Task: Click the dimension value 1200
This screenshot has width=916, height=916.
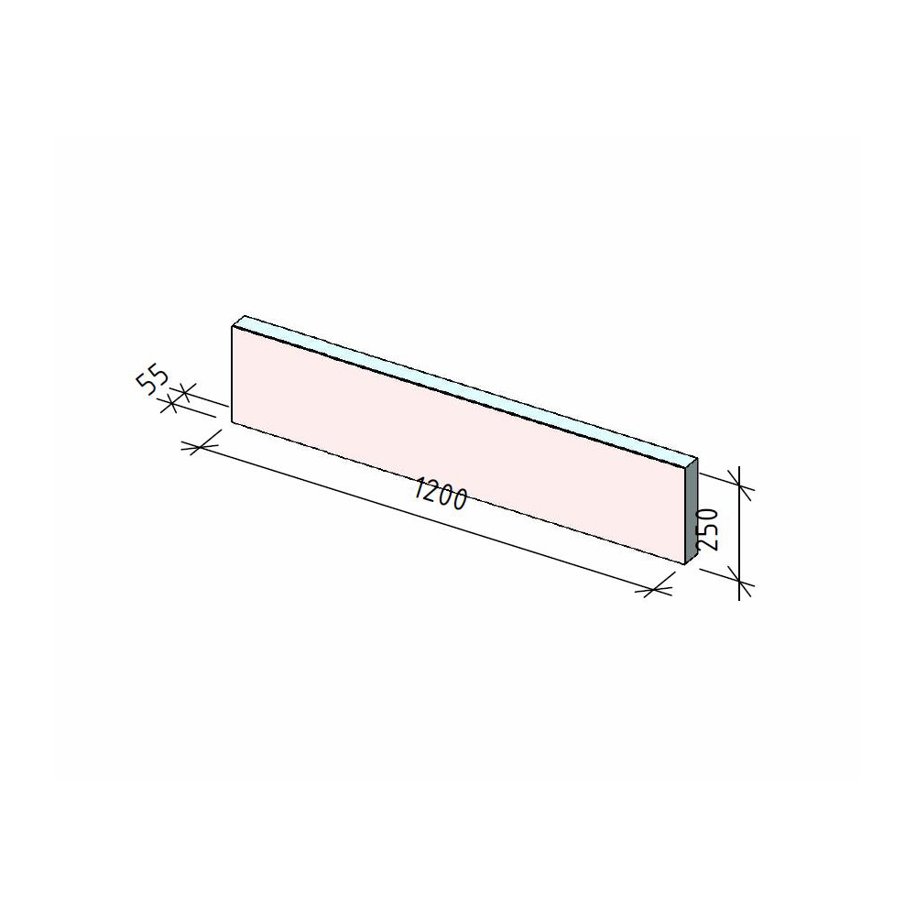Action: click(x=441, y=494)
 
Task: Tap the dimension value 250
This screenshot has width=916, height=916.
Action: click(x=707, y=529)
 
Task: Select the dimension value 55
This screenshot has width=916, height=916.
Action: click(x=152, y=380)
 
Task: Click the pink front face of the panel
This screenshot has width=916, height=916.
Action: click(x=458, y=444)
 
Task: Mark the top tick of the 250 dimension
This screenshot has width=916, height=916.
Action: click(x=739, y=485)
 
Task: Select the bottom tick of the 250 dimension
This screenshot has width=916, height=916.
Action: click(x=739, y=583)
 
